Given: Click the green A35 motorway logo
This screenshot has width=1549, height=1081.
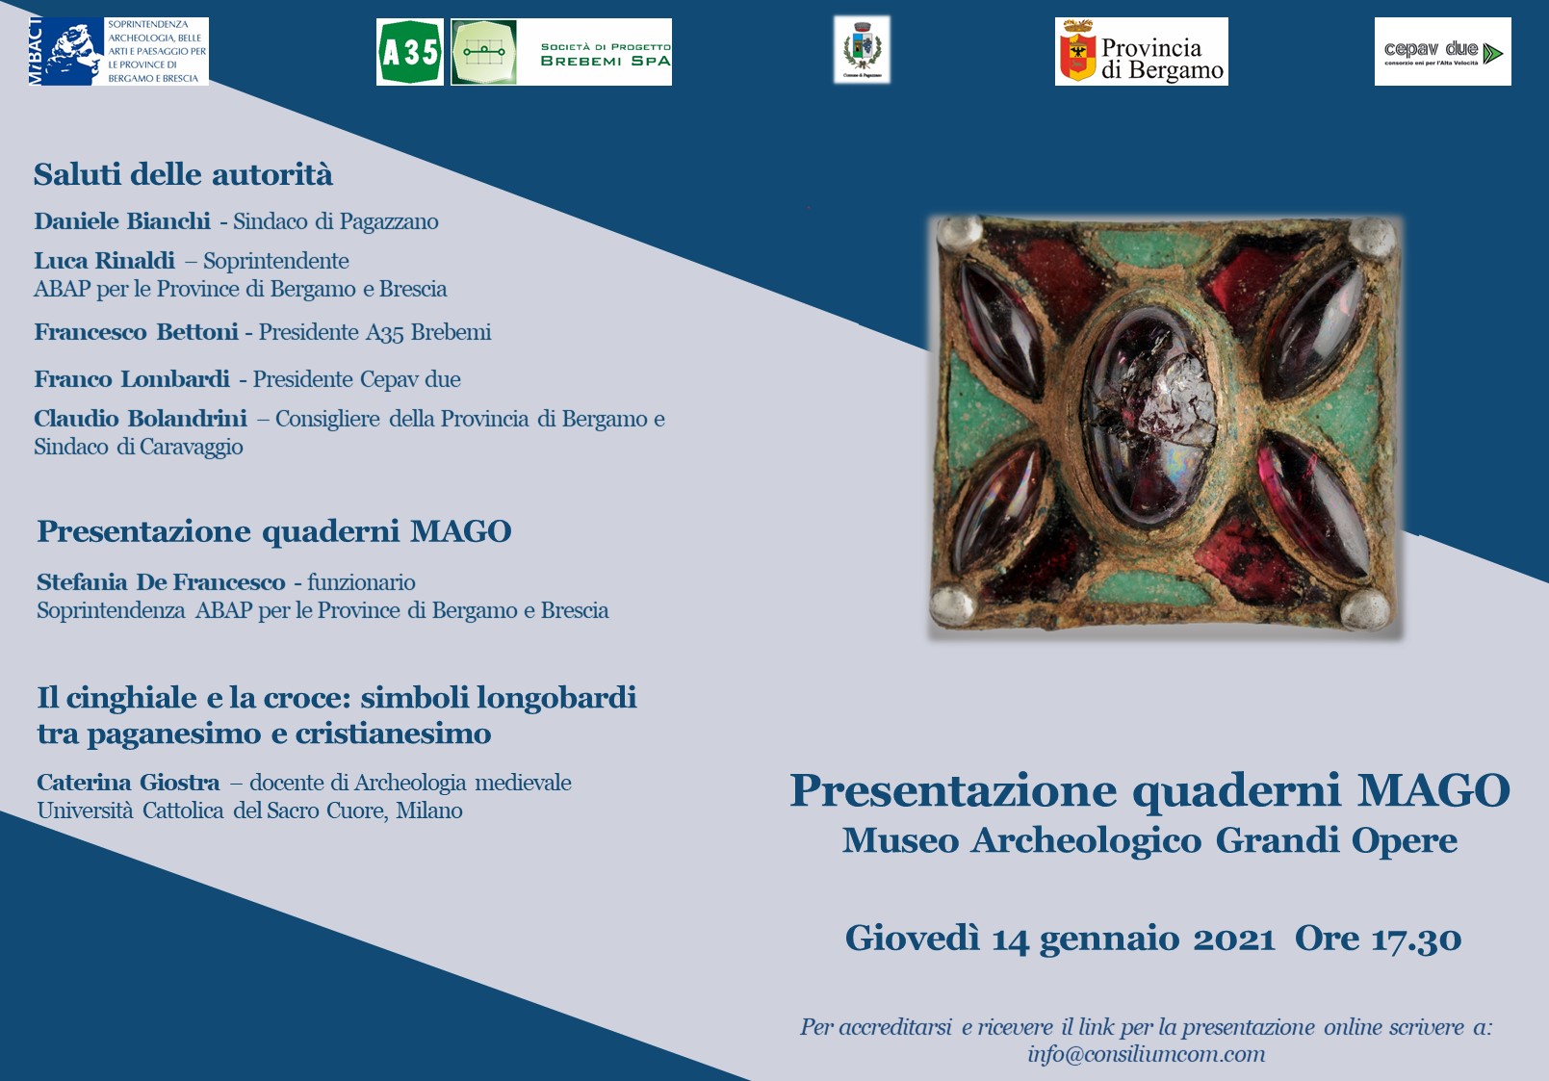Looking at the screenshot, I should (410, 52).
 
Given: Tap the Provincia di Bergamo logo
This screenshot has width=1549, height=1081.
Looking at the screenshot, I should (1141, 52).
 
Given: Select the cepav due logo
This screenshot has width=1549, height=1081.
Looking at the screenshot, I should (1442, 52).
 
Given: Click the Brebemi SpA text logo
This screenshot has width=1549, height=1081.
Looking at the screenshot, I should (605, 54).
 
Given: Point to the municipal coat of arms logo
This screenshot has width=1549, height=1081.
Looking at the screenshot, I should (862, 49).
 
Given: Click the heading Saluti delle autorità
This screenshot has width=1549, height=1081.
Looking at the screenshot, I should (183, 174).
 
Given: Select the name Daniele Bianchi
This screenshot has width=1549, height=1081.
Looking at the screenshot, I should (122, 221).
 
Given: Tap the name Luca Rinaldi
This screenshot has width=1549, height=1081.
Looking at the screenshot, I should (104, 261).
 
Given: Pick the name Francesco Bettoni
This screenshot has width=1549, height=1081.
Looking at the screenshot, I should (136, 332).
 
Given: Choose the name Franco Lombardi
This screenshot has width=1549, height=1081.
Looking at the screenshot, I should (132, 379).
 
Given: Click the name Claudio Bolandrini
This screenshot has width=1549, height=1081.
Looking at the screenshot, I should (141, 419).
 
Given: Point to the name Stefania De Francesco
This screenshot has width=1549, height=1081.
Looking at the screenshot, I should (161, 582).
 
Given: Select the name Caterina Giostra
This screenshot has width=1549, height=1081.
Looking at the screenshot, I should (128, 783).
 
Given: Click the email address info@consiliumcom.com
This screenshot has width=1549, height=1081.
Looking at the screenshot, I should (1146, 1054).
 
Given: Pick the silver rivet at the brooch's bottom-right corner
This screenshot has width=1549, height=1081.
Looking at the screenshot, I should (1365, 608).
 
